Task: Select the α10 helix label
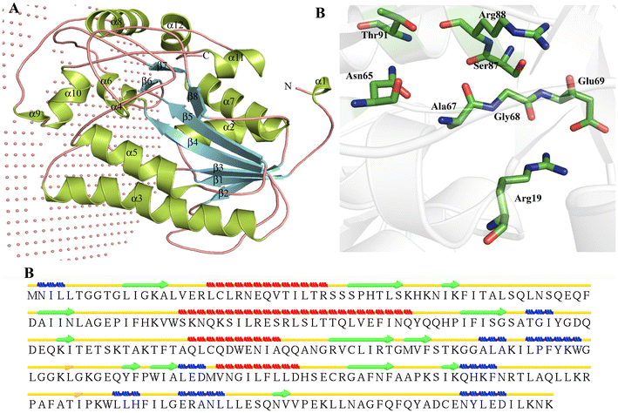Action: [74, 92]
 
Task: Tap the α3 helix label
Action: [137, 199]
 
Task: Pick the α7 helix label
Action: [228, 101]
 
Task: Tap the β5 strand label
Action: [187, 116]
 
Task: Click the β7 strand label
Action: [162, 66]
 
